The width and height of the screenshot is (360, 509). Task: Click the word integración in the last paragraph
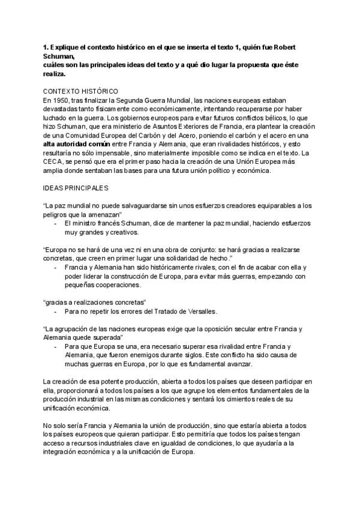point(68,452)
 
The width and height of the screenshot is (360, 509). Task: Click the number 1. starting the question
point(46,47)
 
